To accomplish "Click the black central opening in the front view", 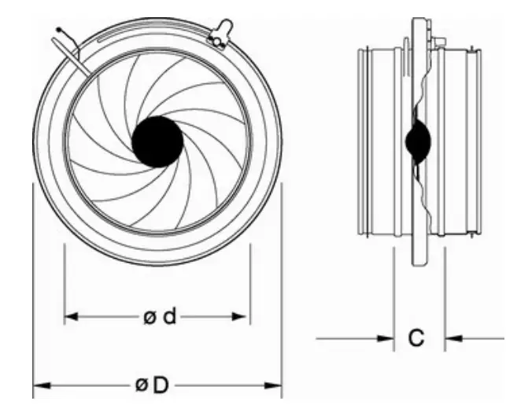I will [x=157, y=142].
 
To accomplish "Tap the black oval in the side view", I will [x=417, y=142].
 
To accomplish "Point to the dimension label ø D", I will [x=152, y=385].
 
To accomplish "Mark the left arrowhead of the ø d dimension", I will [x=70, y=317].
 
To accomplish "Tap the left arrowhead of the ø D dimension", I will [x=39, y=385].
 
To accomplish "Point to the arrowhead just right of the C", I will [x=451, y=339].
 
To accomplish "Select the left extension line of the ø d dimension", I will [x=64, y=283].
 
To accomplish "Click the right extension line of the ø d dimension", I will [x=249, y=283].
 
